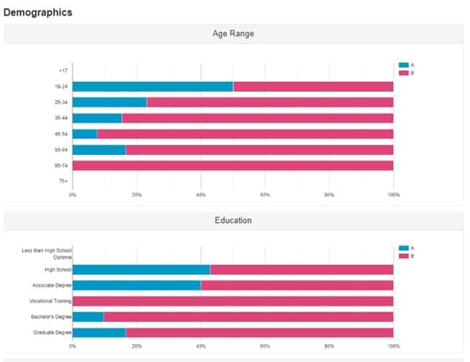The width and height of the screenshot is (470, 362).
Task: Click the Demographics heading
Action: coord(37,12)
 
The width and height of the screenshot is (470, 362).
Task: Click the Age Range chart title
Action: coord(233,34)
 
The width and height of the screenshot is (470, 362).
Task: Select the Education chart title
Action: coord(233,220)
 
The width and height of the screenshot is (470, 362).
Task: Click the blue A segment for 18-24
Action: coord(152,87)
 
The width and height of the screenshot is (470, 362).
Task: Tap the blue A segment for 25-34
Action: coord(109,103)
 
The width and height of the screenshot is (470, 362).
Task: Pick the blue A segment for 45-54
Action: coord(85,134)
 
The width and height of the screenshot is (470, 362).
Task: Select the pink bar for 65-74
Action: coord(232,166)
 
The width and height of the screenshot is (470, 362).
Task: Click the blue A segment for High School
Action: coord(141,270)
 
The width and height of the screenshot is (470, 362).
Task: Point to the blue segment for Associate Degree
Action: coord(136,285)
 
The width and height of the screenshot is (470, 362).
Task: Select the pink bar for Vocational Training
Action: coord(232,301)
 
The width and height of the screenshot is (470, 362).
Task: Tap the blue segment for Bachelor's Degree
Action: coord(88,317)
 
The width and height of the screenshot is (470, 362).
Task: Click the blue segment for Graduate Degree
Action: coord(99,333)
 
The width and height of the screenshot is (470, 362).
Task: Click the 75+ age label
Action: coord(63,181)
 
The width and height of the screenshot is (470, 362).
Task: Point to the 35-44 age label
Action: coord(61,118)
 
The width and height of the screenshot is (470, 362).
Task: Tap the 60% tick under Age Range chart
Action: coord(265,195)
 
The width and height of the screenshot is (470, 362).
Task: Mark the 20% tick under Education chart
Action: coord(136,346)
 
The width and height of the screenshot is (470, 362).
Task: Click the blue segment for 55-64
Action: coord(99,150)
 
